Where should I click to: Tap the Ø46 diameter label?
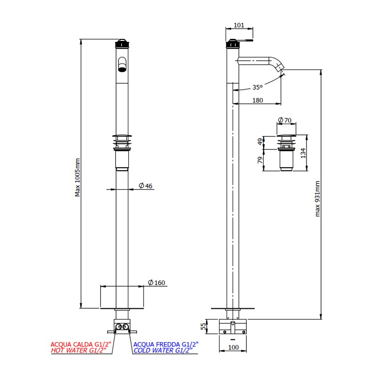click(x=146, y=186)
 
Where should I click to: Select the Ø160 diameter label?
click(x=157, y=282)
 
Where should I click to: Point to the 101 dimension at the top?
click(x=239, y=25)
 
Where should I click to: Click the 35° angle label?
click(x=257, y=87)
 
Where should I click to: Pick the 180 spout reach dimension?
click(x=258, y=100)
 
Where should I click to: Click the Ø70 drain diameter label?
click(x=285, y=120)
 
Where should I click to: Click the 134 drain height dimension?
click(x=303, y=153)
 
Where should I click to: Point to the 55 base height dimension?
click(x=204, y=326)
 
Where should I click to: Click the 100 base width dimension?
click(x=234, y=347)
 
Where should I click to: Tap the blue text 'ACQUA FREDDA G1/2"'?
click(x=166, y=345)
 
